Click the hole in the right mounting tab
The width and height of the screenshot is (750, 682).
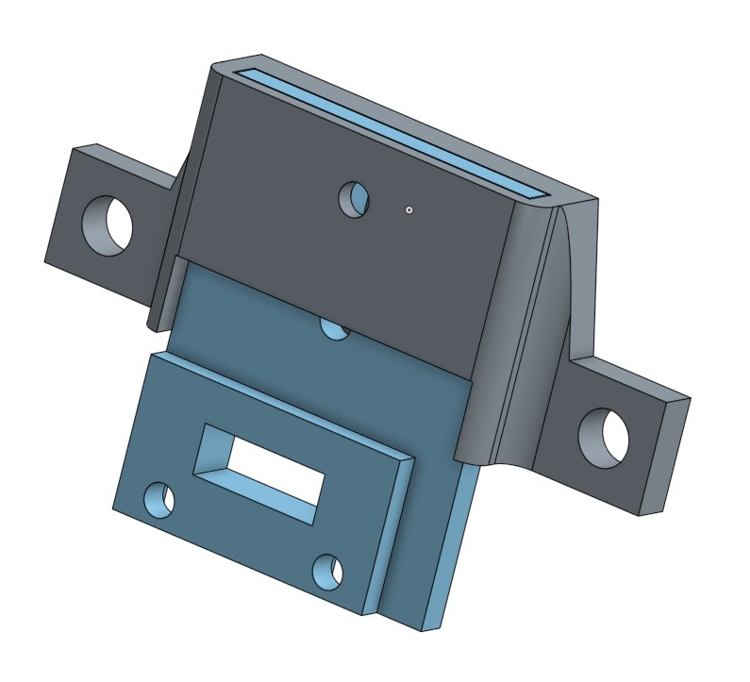pos(603,436)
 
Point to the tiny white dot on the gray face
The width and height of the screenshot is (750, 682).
pos(408,209)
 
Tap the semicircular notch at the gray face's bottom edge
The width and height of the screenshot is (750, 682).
pos(335,327)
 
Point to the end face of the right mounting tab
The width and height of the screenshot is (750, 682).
pos(671,454)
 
